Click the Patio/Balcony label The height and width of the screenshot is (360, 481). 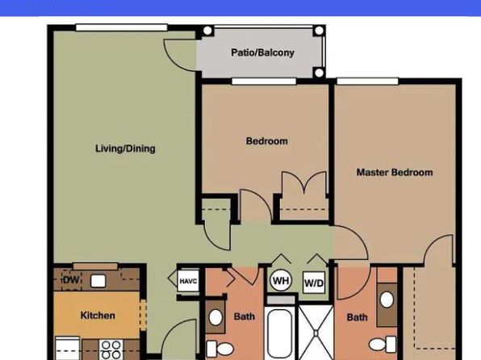pos(262,52)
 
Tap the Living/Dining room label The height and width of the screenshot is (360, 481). pos(125,149)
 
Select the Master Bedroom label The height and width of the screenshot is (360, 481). pos(395,172)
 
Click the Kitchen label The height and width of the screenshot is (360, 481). pos(98,315)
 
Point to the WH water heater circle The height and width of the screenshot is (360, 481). pos(281,281)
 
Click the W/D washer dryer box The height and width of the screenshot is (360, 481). pos(314,283)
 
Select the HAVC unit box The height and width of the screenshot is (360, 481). pos(188,281)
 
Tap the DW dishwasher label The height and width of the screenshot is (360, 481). pos(71,280)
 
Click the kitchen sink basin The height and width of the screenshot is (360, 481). pos(98,281)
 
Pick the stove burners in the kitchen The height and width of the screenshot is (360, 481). pos(111,350)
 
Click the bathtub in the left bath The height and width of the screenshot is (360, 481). pos(280,334)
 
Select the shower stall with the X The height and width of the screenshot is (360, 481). pos(316,333)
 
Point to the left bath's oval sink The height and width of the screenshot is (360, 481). pos(215,317)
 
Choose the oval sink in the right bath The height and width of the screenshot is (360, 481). pos(387,299)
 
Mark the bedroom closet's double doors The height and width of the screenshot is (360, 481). pos(304,182)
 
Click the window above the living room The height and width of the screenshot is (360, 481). pos(122,27)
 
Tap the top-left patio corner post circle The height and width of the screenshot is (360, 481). pos(207,31)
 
